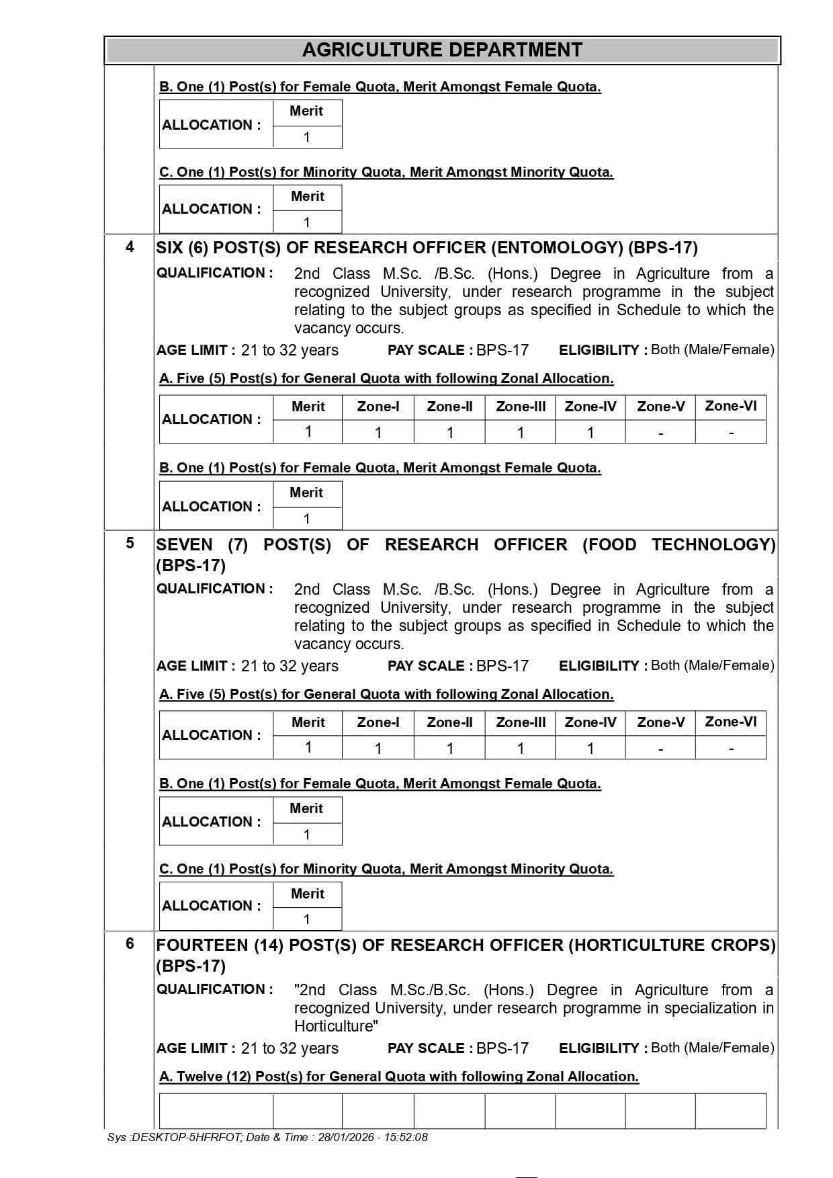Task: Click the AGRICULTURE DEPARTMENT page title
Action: pos(442,50)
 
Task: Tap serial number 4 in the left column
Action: pos(130,247)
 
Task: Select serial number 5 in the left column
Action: pos(130,543)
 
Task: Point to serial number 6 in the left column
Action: pos(130,943)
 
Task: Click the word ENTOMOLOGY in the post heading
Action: pos(557,248)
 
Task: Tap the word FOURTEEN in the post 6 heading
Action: pos(202,945)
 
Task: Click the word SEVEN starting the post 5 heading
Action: pos(184,544)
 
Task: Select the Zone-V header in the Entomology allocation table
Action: pos(660,407)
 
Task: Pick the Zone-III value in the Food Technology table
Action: pos(520,749)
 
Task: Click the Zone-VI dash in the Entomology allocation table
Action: pos(730,433)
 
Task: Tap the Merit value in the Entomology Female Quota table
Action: pos(307,519)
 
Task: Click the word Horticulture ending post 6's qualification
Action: pos(335,1026)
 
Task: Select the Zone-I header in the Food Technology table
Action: pos(378,722)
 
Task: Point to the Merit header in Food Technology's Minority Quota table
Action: pos(307,894)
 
